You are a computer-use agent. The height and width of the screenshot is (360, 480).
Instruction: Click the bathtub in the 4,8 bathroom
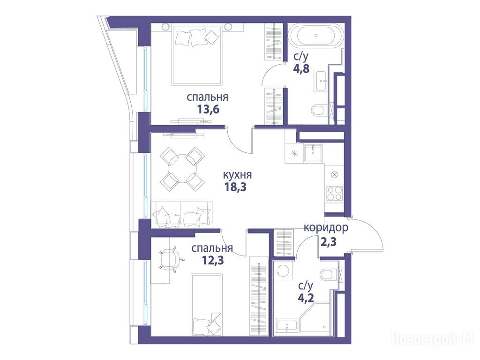pyautogui.click(x=316, y=36)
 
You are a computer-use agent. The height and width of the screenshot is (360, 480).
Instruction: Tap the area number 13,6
pyautogui.click(x=208, y=109)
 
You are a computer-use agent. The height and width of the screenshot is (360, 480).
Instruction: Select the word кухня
pyautogui.click(x=237, y=175)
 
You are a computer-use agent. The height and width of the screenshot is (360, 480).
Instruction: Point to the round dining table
pyautogui.click(x=182, y=168)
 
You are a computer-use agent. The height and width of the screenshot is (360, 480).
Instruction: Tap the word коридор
pyautogui.click(x=326, y=228)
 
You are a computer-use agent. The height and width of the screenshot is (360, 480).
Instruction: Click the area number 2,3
pyautogui.click(x=329, y=242)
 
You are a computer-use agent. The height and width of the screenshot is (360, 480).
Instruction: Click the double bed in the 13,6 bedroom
pyautogui.click(x=197, y=55)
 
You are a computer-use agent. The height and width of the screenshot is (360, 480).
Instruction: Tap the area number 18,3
pyautogui.click(x=236, y=187)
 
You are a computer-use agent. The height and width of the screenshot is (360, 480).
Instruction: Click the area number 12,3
pyautogui.click(x=213, y=260)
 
